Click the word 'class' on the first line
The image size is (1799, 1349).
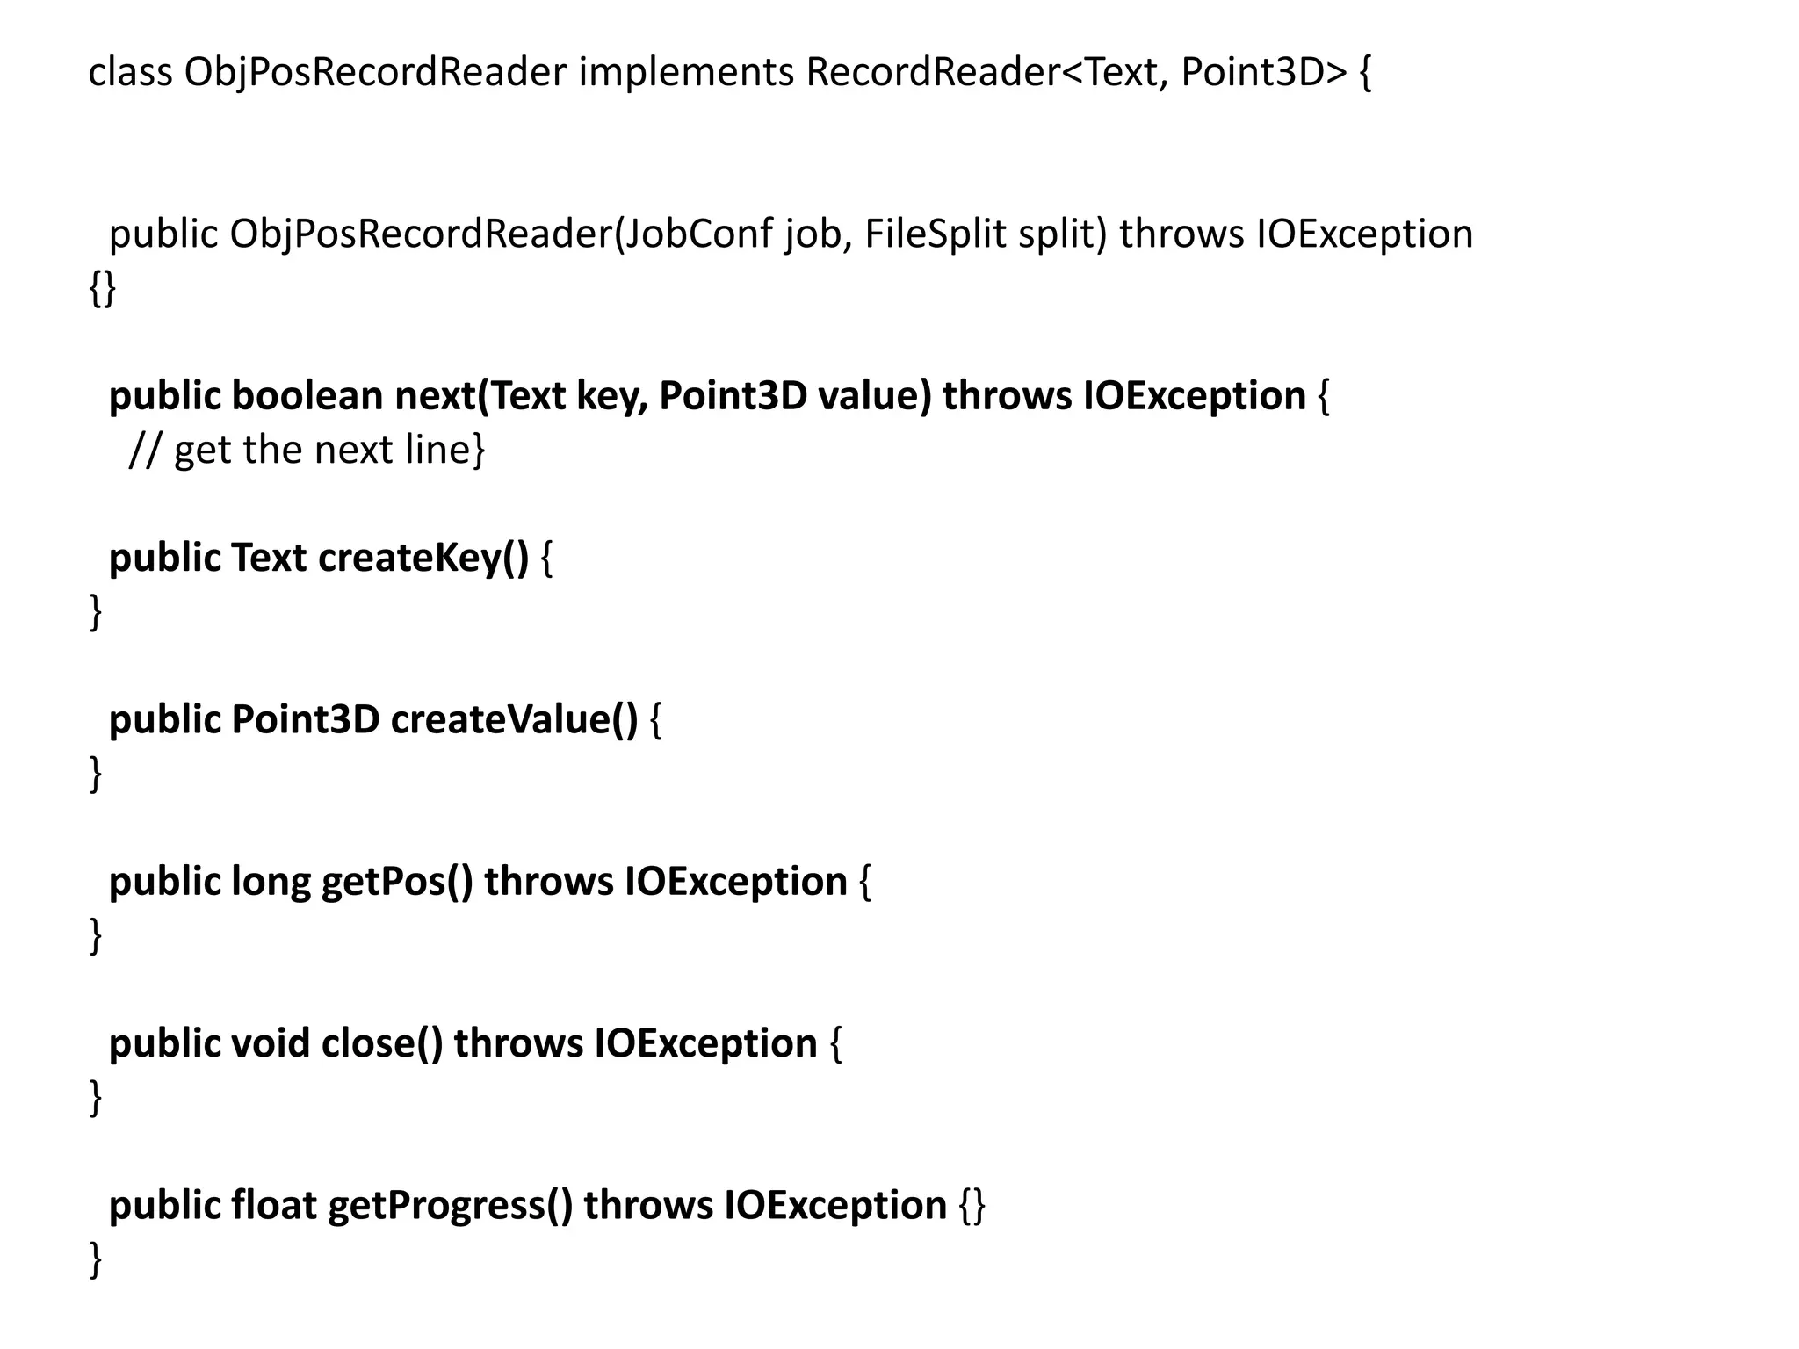(130, 73)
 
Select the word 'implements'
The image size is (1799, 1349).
(686, 73)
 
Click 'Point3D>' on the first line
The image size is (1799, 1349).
(1263, 73)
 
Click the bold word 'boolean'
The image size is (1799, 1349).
(307, 396)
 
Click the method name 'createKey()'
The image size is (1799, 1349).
(423, 558)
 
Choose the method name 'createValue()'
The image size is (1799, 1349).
(514, 719)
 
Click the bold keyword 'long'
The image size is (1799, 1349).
(271, 882)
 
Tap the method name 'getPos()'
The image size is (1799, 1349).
(397, 882)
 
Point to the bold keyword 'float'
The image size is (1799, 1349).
(274, 1205)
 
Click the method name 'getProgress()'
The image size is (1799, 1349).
(450, 1205)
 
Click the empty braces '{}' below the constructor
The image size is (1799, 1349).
(102, 288)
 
